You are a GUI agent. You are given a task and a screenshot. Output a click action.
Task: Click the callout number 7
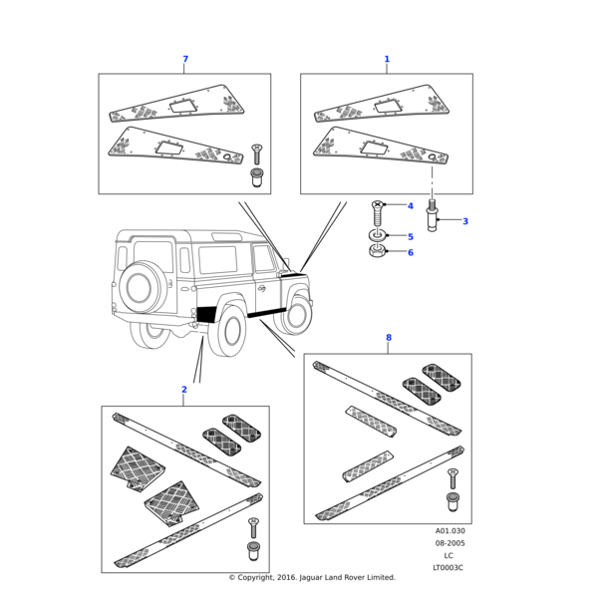point(185,60)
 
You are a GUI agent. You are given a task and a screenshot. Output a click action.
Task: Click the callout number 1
point(387,60)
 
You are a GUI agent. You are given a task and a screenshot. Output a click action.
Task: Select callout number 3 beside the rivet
point(464,221)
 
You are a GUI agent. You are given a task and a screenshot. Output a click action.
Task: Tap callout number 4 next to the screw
point(410,206)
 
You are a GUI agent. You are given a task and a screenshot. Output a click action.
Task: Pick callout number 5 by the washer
point(410,237)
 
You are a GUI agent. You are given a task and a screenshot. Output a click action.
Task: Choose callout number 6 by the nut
point(410,253)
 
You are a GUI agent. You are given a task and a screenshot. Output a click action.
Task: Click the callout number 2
point(183,390)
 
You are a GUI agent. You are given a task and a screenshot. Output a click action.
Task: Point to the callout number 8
point(389,338)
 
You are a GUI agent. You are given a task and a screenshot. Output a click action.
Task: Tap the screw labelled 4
point(378,211)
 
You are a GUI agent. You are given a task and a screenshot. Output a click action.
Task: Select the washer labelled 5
point(377,235)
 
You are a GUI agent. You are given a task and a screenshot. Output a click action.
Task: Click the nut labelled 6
point(378,251)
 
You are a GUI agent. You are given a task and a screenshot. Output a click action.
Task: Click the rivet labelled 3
point(432,218)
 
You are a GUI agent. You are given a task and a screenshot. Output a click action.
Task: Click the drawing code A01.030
point(449,531)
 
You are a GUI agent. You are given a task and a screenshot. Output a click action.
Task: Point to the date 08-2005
point(449,543)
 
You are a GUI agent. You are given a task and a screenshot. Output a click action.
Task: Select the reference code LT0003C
point(448,568)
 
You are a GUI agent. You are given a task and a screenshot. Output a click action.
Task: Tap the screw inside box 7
point(257,154)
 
